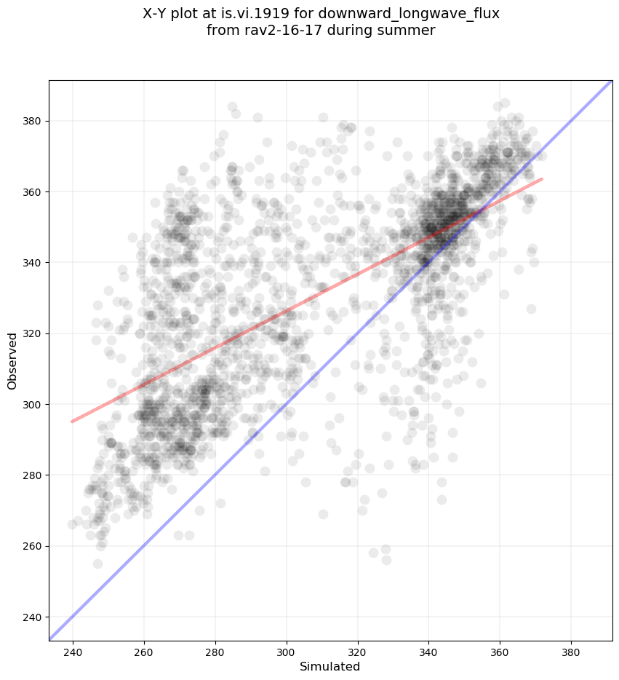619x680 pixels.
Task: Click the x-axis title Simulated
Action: pos(330,666)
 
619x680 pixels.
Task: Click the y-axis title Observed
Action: pos(12,361)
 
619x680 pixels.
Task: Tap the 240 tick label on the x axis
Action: pos(73,651)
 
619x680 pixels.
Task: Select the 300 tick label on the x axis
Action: pos(287,651)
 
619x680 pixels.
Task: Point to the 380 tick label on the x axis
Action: pos(571,651)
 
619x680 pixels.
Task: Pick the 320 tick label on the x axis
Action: pos(357,651)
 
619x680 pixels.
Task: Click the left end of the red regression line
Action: pos(72,421)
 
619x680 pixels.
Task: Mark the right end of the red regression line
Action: pos(541,178)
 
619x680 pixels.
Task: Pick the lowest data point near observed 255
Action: pos(97,564)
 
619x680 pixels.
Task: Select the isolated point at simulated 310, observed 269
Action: pos(323,514)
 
